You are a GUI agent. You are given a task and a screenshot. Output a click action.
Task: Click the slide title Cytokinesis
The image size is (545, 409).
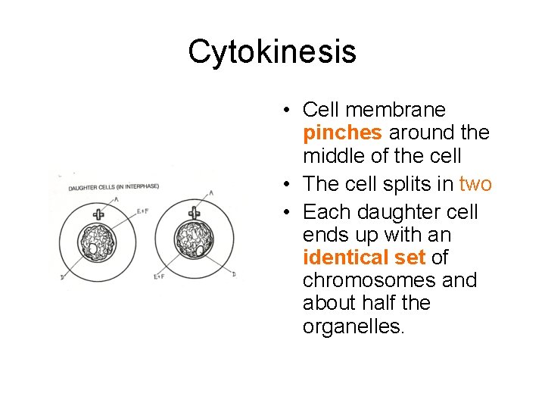coord(272,52)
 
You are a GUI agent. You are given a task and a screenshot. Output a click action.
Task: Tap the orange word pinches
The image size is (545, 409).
coord(342,133)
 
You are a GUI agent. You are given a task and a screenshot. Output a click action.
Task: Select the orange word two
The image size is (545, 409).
coord(475,184)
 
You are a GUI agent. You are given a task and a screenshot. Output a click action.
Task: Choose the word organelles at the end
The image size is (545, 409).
coord(353,326)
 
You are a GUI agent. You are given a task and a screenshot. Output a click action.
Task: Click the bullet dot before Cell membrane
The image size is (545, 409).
coord(288,111)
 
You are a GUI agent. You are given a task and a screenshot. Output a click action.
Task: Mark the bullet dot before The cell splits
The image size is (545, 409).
coord(288,185)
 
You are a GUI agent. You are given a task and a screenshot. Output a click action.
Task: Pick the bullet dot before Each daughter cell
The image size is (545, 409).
coord(288,212)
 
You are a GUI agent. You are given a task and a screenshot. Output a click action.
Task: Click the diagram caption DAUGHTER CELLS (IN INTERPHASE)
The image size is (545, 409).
coord(114,187)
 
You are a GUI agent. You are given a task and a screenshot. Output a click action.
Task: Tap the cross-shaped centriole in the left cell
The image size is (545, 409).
coord(98,214)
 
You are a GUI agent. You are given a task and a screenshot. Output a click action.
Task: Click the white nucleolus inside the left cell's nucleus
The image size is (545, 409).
coord(93,248)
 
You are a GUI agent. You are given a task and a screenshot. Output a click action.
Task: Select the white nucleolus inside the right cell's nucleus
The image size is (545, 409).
coord(199,249)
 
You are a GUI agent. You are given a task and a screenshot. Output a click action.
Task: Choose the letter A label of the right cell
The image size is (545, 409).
coord(211,193)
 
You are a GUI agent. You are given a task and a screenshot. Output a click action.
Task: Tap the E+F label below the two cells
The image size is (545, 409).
coord(159,277)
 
